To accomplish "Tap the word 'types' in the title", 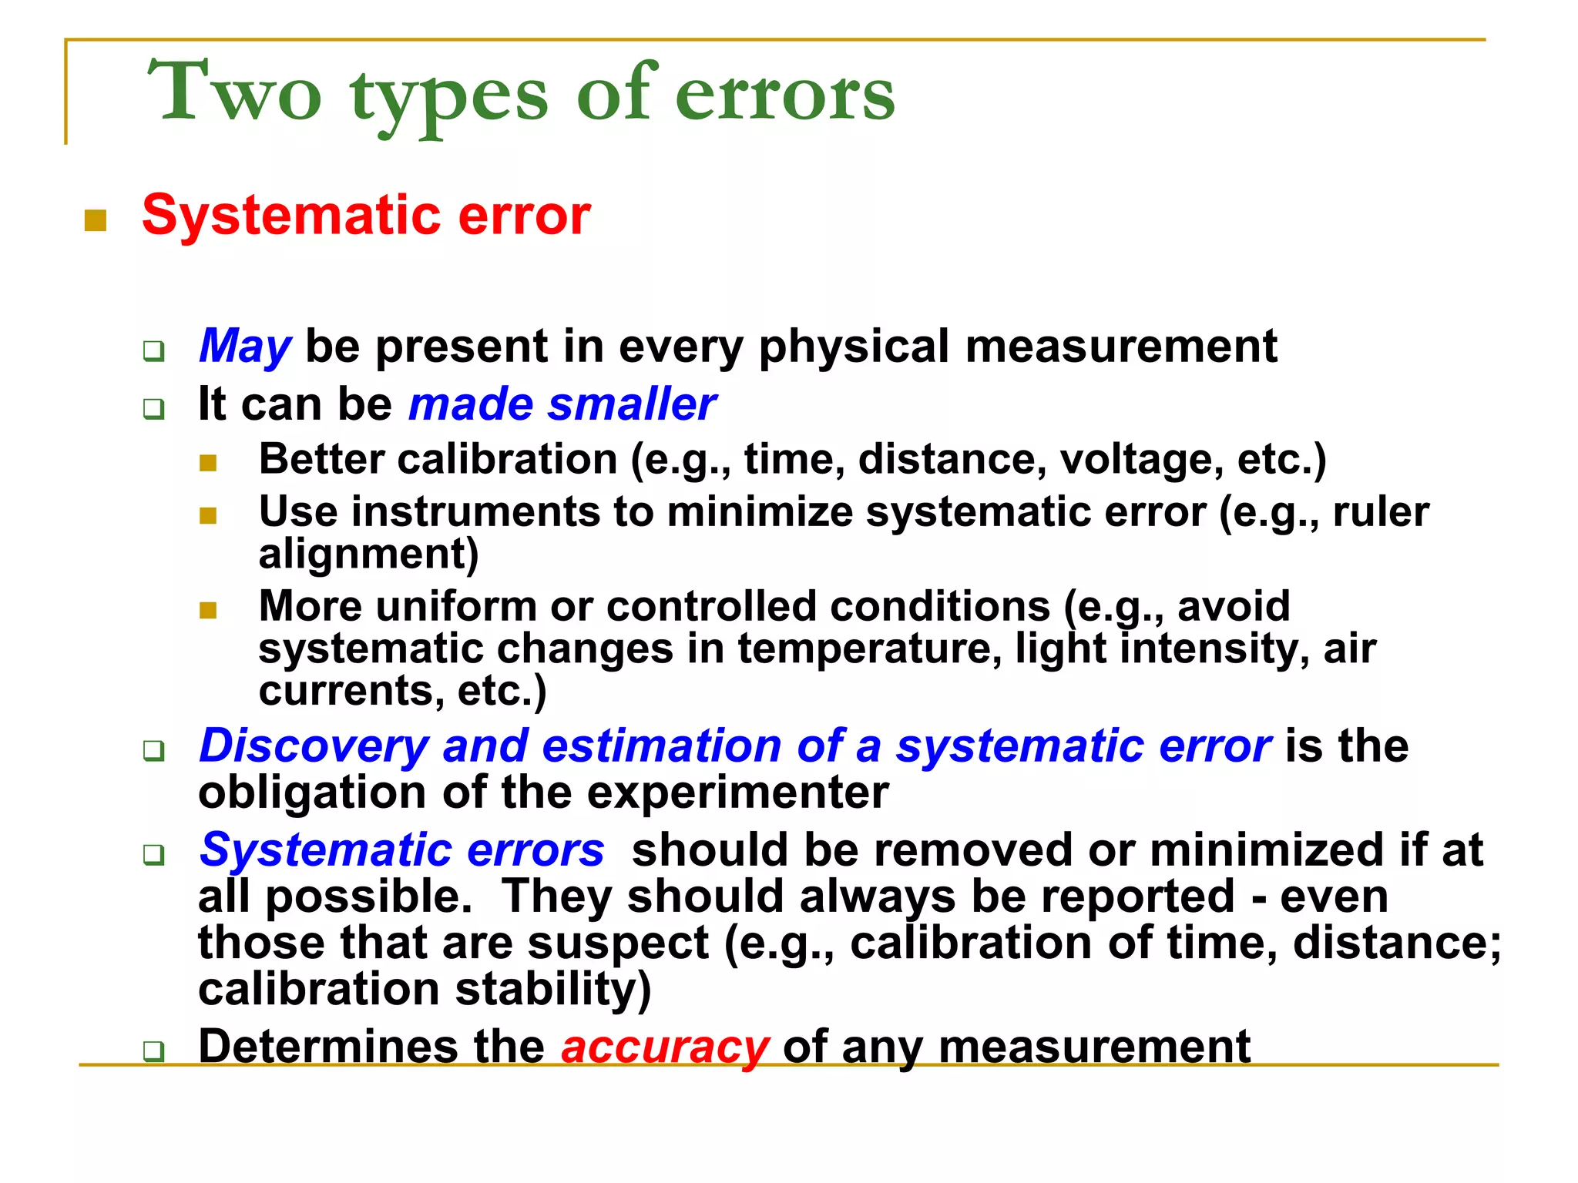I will tap(449, 96).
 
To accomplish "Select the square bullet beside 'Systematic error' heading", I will tap(96, 221).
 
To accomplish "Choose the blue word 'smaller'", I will tap(632, 404).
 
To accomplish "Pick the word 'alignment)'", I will tap(368, 554).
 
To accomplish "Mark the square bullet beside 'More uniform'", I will tap(208, 611).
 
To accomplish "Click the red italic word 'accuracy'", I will tap(665, 1047).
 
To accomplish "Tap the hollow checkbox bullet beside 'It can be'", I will tap(154, 409).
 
